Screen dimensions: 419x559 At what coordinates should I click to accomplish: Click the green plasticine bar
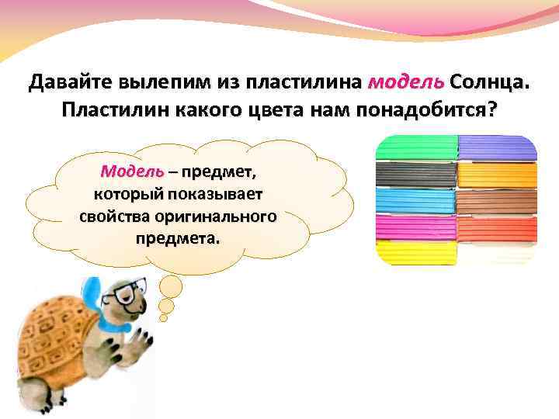point(416,148)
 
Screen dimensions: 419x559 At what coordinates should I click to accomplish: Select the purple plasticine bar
point(497,148)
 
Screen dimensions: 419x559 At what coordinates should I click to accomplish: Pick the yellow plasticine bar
point(416,253)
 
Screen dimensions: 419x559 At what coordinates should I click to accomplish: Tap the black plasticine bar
point(416,175)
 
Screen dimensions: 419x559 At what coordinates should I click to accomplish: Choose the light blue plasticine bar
point(416,201)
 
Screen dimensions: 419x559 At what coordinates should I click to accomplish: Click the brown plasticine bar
point(497,201)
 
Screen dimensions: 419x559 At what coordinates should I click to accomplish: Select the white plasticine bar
point(497,253)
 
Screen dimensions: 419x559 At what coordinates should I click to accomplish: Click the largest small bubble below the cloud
point(171,288)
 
